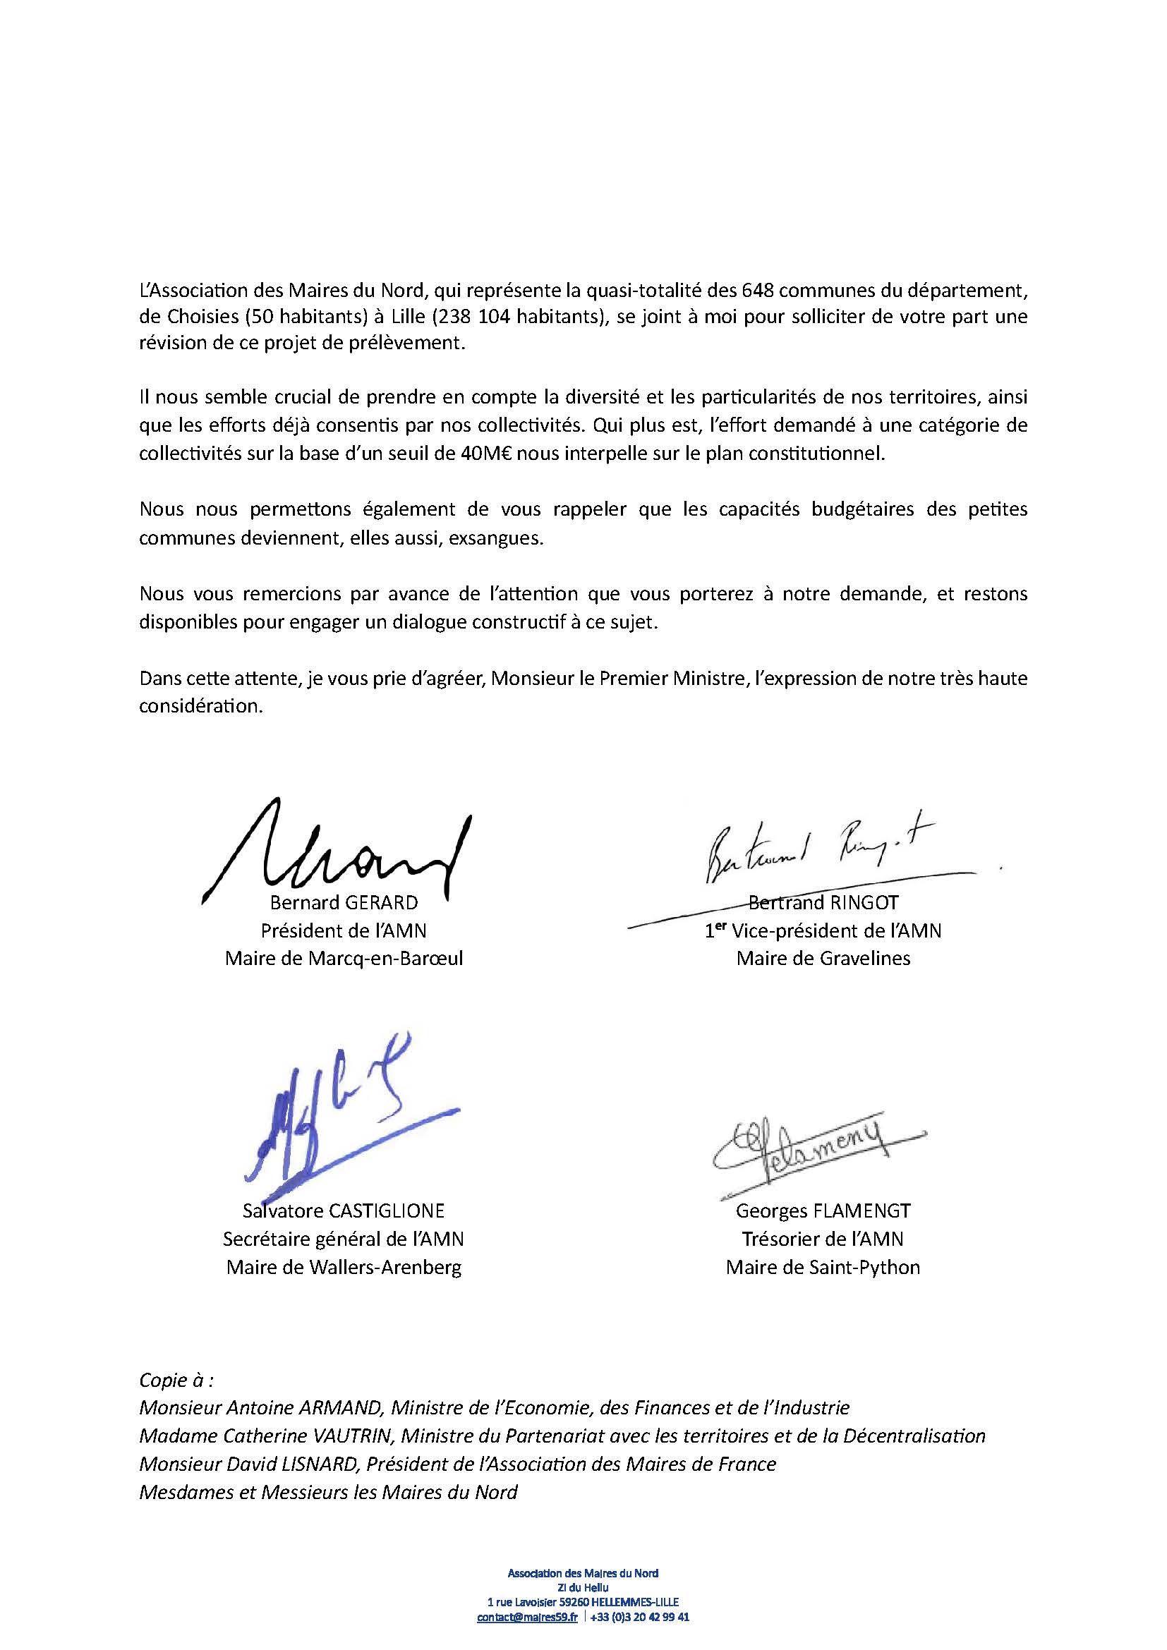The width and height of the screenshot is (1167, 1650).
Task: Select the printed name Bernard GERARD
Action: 344,903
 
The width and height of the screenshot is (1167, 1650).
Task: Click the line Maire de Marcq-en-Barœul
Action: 344,959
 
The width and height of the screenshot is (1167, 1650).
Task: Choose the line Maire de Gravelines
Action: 823,959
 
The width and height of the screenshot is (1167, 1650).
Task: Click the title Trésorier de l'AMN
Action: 823,1238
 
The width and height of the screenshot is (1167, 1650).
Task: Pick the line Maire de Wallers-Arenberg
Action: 344,1266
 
